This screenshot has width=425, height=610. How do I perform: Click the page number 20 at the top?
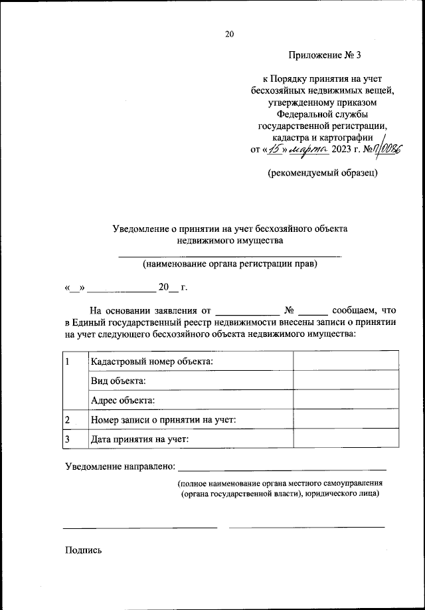[x=230, y=34]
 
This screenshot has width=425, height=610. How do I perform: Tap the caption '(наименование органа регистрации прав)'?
[x=230, y=264]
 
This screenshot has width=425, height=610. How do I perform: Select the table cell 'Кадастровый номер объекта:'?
[x=152, y=361]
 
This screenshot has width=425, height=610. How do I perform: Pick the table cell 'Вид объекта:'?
[x=118, y=381]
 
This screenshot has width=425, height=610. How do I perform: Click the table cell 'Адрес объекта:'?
[x=123, y=400]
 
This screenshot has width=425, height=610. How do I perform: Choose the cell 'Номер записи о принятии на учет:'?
[x=163, y=420]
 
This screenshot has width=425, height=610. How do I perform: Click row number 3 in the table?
[x=68, y=439]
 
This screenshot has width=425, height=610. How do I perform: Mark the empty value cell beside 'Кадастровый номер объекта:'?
[x=346, y=361]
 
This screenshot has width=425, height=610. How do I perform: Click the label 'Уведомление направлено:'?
[x=120, y=467]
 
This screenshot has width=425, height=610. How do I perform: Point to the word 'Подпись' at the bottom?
[x=83, y=550]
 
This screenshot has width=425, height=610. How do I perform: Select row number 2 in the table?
[x=68, y=420]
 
